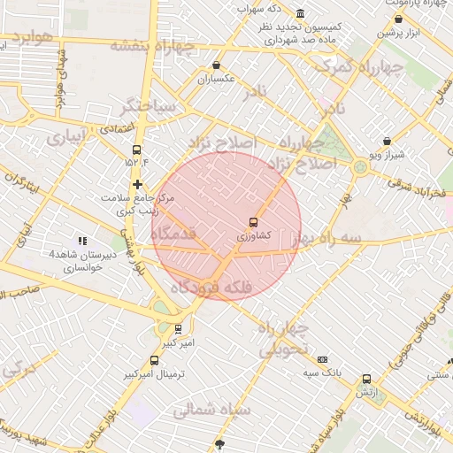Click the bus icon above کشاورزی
click(254, 221)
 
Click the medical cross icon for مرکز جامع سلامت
click(137, 184)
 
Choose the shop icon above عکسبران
click(217, 65)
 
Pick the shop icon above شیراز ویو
click(387, 141)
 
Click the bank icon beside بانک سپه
click(322, 359)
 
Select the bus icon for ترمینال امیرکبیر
click(155, 360)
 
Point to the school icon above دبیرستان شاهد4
click(82, 240)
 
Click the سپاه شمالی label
click(212, 410)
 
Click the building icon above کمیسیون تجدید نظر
click(300, 13)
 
